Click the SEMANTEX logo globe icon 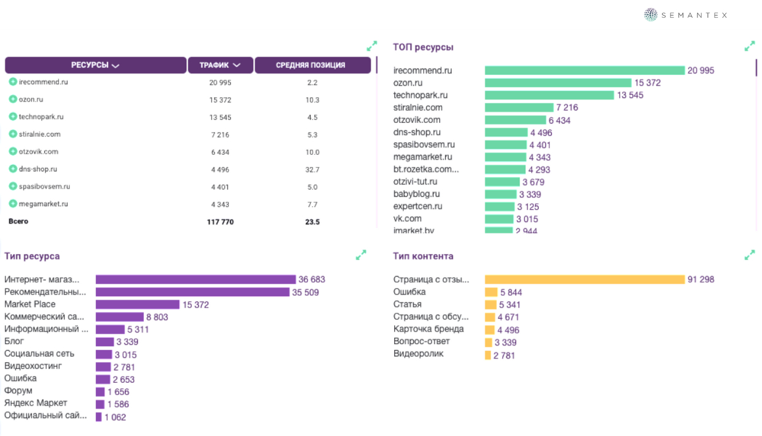coord(651,15)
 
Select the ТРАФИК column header coord(220,65)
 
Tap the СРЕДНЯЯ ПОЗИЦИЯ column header coord(312,65)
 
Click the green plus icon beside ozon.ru coord(13,99)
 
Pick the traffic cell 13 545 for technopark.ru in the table coord(220,117)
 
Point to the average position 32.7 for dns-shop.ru coord(312,170)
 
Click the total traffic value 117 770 coord(220,222)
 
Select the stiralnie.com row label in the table coord(39,134)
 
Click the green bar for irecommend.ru coord(584,70)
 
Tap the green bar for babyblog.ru coord(500,194)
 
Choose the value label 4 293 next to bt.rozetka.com coord(539,170)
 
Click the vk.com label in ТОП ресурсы coord(407,218)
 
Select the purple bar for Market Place coord(137,305)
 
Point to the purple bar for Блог coord(105,342)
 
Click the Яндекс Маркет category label coord(35,403)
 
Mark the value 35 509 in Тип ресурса coord(306,293)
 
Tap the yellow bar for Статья coord(491,305)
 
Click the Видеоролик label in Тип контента coord(418,354)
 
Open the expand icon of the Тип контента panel coord(749,255)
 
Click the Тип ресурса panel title coord(32,257)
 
